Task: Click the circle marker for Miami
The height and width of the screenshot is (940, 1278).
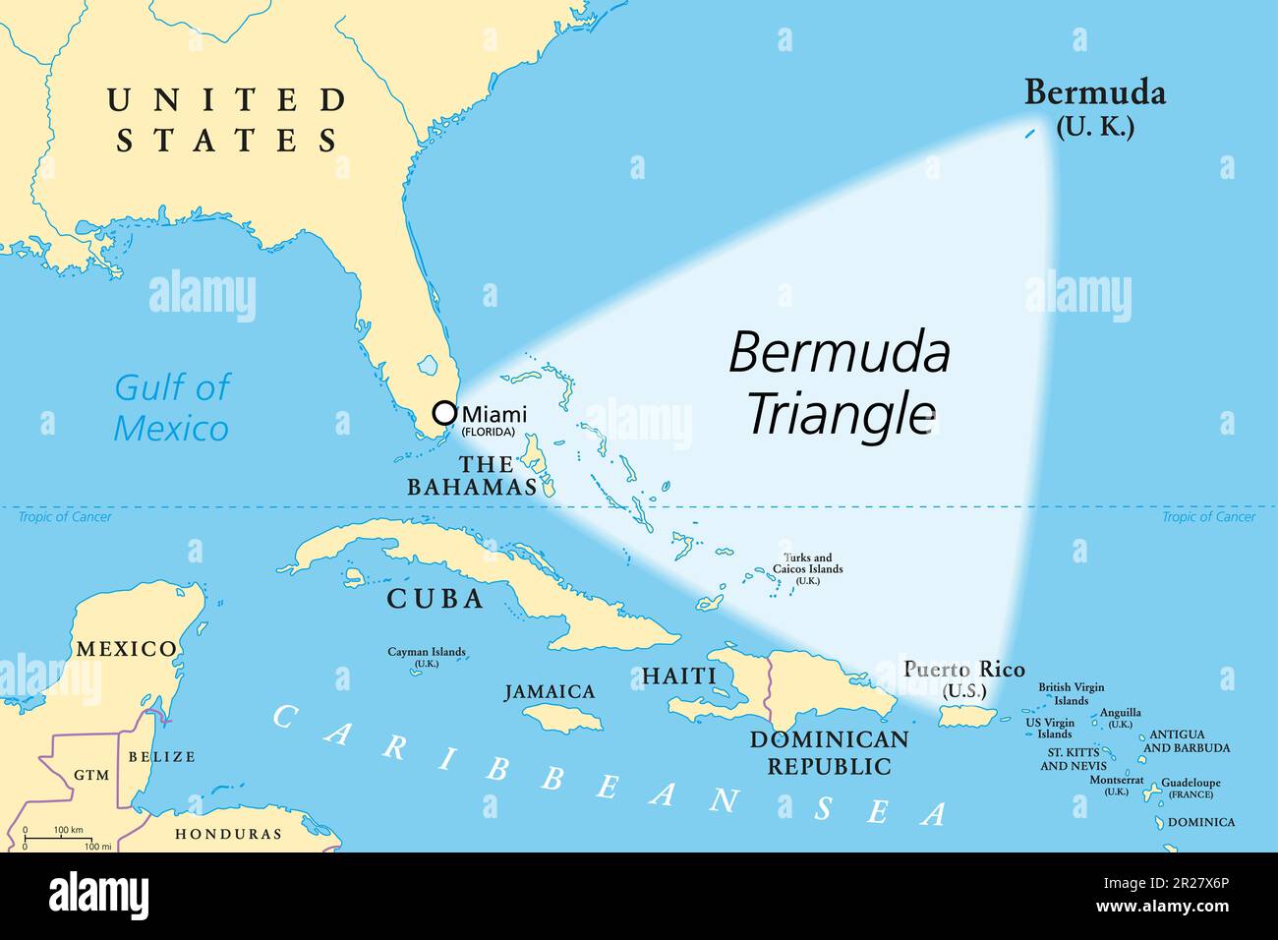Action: pyautogui.click(x=444, y=413)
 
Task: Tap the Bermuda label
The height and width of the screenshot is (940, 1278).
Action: pyautogui.click(x=1094, y=94)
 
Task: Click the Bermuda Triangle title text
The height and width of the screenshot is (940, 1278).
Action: pyautogui.click(x=840, y=382)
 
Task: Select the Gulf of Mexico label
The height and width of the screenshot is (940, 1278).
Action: pyautogui.click(x=172, y=407)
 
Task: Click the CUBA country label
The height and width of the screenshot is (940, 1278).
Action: pyautogui.click(x=435, y=599)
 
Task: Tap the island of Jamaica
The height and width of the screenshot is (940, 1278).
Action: pyautogui.click(x=562, y=721)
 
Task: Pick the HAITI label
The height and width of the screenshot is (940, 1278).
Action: pyautogui.click(x=678, y=676)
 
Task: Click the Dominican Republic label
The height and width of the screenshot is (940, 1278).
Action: pyautogui.click(x=829, y=752)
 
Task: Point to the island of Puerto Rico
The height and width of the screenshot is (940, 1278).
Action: pyautogui.click(x=966, y=718)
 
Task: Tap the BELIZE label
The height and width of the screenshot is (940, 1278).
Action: pyautogui.click(x=162, y=756)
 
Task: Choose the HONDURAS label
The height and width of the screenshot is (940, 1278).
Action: pyautogui.click(x=228, y=834)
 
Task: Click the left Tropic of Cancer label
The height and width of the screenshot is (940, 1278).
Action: pyautogui.click(x=65, y=517)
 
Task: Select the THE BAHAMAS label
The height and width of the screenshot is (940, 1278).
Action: pyautogui.click(x=472, y=475)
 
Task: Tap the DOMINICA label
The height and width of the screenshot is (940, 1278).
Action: pyautogui.click(x=1201, y=822)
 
